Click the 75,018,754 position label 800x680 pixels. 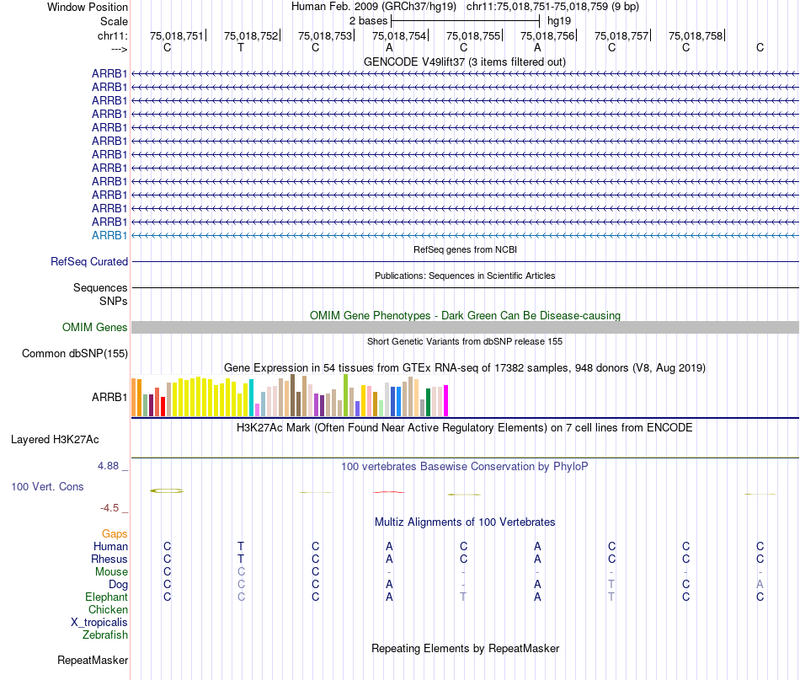[399, 35]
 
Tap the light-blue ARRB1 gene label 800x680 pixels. [109, 235]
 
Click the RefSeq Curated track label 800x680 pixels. [89, 262]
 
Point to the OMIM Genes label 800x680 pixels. [95, 327]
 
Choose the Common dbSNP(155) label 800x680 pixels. [74, 353]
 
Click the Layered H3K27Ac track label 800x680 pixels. [55, 439]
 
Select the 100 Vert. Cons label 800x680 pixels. [47, 486]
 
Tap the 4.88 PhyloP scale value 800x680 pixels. [109, 465]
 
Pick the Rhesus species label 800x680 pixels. [109, 559]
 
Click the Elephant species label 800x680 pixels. [107, 597]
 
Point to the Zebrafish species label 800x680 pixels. [104, 634]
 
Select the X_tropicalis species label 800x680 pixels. [99, 622]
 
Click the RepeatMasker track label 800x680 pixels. [93, 660]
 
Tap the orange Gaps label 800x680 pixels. [115, 533]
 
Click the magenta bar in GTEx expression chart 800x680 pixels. [446, 400]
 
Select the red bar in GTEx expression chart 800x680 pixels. [163, 406]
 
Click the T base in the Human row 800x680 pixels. [241, 546]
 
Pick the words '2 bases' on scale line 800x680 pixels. [368, 19]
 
